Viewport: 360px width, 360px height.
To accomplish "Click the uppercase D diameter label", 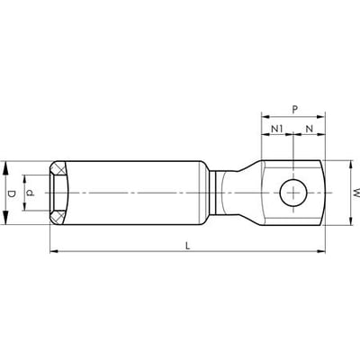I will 12,193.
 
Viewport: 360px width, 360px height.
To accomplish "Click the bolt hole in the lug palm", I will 291,193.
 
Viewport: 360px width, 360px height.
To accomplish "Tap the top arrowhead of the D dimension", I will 9,166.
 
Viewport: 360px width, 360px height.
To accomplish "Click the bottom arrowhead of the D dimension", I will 9,220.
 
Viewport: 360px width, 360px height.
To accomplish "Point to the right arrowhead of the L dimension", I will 319,249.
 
